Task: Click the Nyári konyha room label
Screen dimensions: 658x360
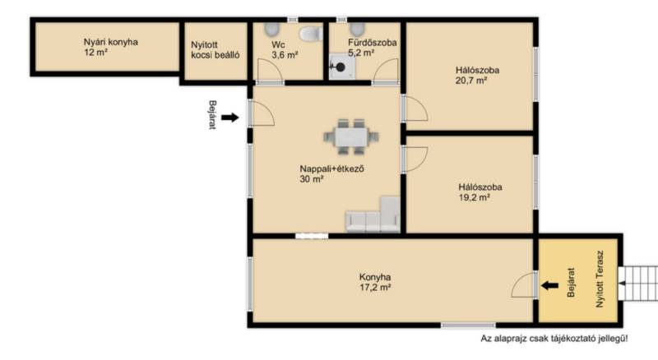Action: [111, 42]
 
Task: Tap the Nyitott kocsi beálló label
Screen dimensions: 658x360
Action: [215, 50]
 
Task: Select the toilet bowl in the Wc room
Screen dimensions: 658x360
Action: [310, 34]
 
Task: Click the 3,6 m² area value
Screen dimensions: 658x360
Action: [285, 55]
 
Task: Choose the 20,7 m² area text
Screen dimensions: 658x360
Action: [471, 81]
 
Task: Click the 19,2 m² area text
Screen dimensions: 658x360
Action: [475, 197]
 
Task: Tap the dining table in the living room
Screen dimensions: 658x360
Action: [351, 136]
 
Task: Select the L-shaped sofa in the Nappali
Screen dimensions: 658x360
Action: [373, 215]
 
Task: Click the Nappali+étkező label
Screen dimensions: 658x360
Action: [331, 169]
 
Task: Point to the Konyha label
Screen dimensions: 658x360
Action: [375, 277]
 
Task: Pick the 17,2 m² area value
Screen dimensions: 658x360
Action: [375, 288]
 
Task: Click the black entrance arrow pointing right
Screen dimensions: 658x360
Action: [230, 118]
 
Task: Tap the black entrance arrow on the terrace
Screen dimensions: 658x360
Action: [549, 286]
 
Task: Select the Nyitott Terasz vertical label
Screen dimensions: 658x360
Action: [600, 279]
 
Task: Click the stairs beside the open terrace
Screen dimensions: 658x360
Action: [638, 284]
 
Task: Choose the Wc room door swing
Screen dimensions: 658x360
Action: [270, 71]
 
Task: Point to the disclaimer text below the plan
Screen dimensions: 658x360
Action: [554, 338]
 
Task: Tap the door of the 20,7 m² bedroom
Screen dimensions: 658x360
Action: [415, 108]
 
